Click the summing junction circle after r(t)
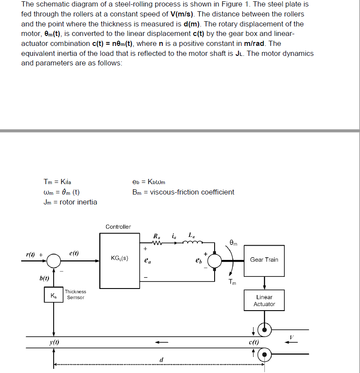54,261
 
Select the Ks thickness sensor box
54,296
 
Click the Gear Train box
264,260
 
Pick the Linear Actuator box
264,301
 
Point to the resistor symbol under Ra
157,243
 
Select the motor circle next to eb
215,261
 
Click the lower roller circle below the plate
264,354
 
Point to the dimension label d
161,359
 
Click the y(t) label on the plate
55,342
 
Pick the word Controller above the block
118,227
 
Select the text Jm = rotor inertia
71,202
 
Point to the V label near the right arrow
292,336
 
